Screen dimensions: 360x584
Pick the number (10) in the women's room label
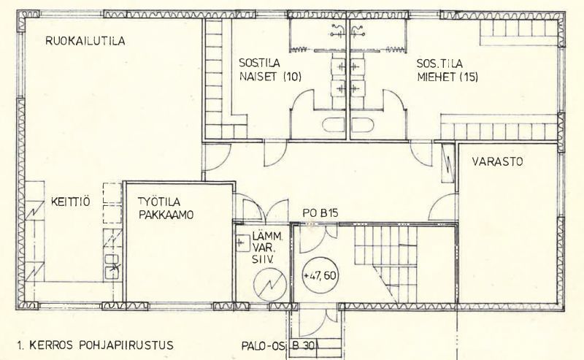coord(289,76)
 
